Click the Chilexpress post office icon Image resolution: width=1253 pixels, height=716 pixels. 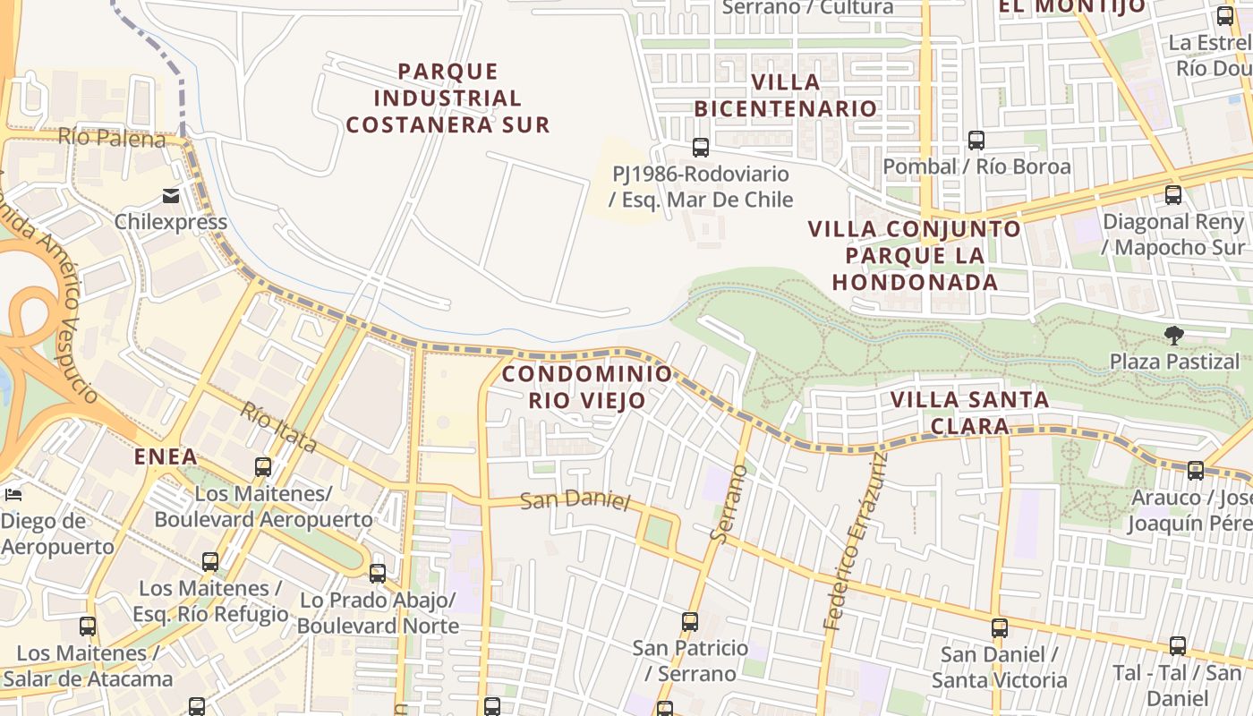pos(171,196)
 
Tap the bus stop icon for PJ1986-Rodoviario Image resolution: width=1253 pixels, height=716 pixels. pos(701,148)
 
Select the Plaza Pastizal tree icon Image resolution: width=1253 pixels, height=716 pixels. pos(1173,336)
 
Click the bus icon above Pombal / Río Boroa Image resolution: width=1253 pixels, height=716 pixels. pos(976,141)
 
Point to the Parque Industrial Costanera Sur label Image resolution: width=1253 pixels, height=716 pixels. pos(447,98)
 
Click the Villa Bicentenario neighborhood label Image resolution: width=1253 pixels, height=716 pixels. pos(786,95)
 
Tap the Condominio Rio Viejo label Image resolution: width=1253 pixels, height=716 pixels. pos(586,387)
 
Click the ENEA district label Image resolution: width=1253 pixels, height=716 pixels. pos(166,456)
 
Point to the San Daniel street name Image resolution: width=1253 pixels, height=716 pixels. pos(575,499)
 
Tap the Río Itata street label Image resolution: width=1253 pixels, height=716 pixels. pos(278,427)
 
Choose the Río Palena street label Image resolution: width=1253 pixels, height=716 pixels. pos(113,138)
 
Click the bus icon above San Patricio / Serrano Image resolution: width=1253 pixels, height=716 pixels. pos(690,621)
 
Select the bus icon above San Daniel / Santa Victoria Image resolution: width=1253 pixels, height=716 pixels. pos(1000,628)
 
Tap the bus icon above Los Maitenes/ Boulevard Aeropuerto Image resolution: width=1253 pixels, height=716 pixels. pos(263,466)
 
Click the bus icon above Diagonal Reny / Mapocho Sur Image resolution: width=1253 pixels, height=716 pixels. pos(1173,194)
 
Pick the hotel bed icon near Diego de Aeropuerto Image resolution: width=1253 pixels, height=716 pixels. pos(13,494)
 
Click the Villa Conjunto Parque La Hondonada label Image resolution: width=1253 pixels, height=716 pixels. pos(915,255)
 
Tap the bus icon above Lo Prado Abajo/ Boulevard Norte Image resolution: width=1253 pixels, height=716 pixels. pos(378,573)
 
